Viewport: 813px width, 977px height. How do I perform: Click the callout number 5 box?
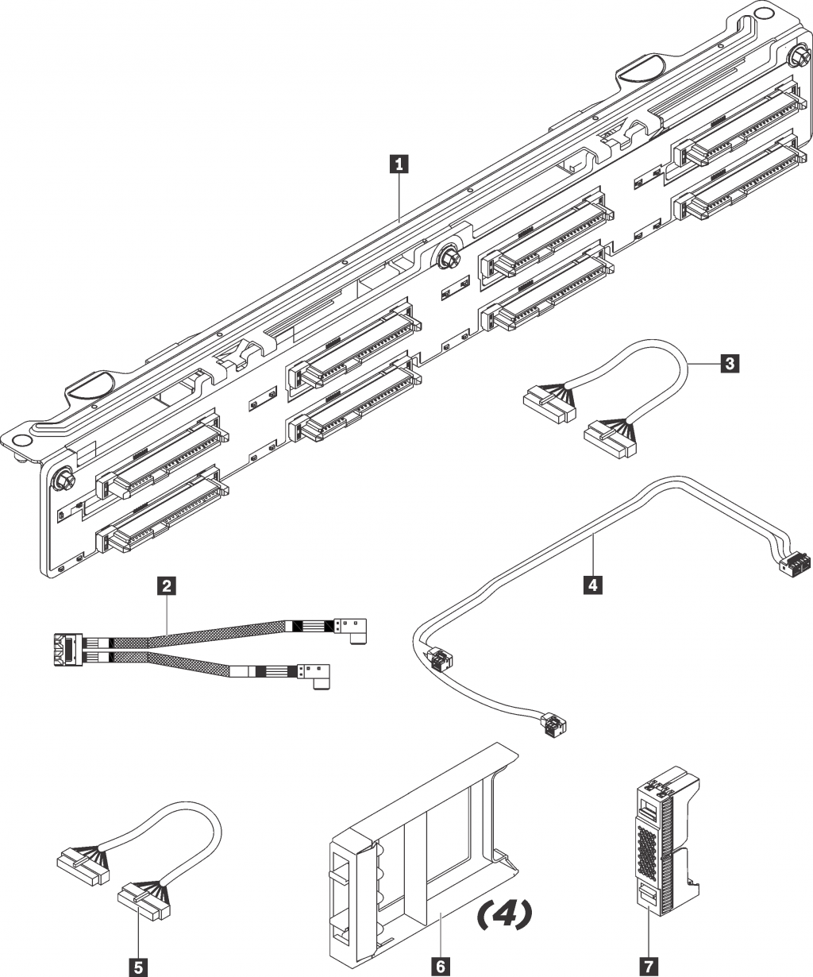(x=139, y=966)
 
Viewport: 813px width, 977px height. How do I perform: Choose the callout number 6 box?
(x=437, y=966)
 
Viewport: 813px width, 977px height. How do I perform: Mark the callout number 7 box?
(x=649, y=966)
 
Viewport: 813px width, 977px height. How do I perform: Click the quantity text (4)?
(x=503, y=914)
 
